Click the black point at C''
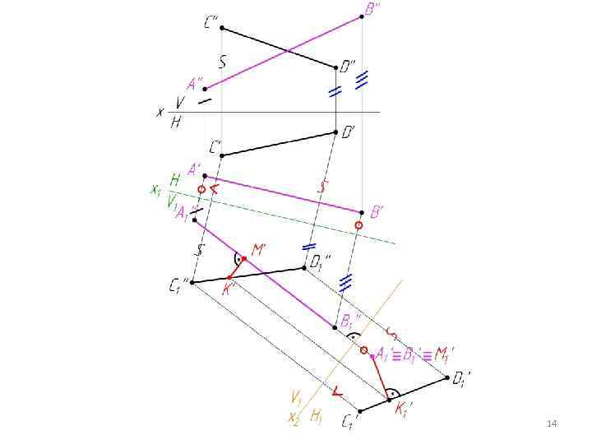point(221,29)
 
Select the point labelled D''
point(335,67)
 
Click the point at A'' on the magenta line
point(206,88)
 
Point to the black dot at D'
point(335,132)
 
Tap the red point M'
point(244,259)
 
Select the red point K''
point(229,277)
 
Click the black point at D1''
point(304,268)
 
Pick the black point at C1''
point(193,282)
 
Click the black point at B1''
point(334,326)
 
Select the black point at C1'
point(359,410)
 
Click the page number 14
point(552,423)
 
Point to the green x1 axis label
point(155,190)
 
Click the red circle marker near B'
point(358,224)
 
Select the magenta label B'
point(376,212)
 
